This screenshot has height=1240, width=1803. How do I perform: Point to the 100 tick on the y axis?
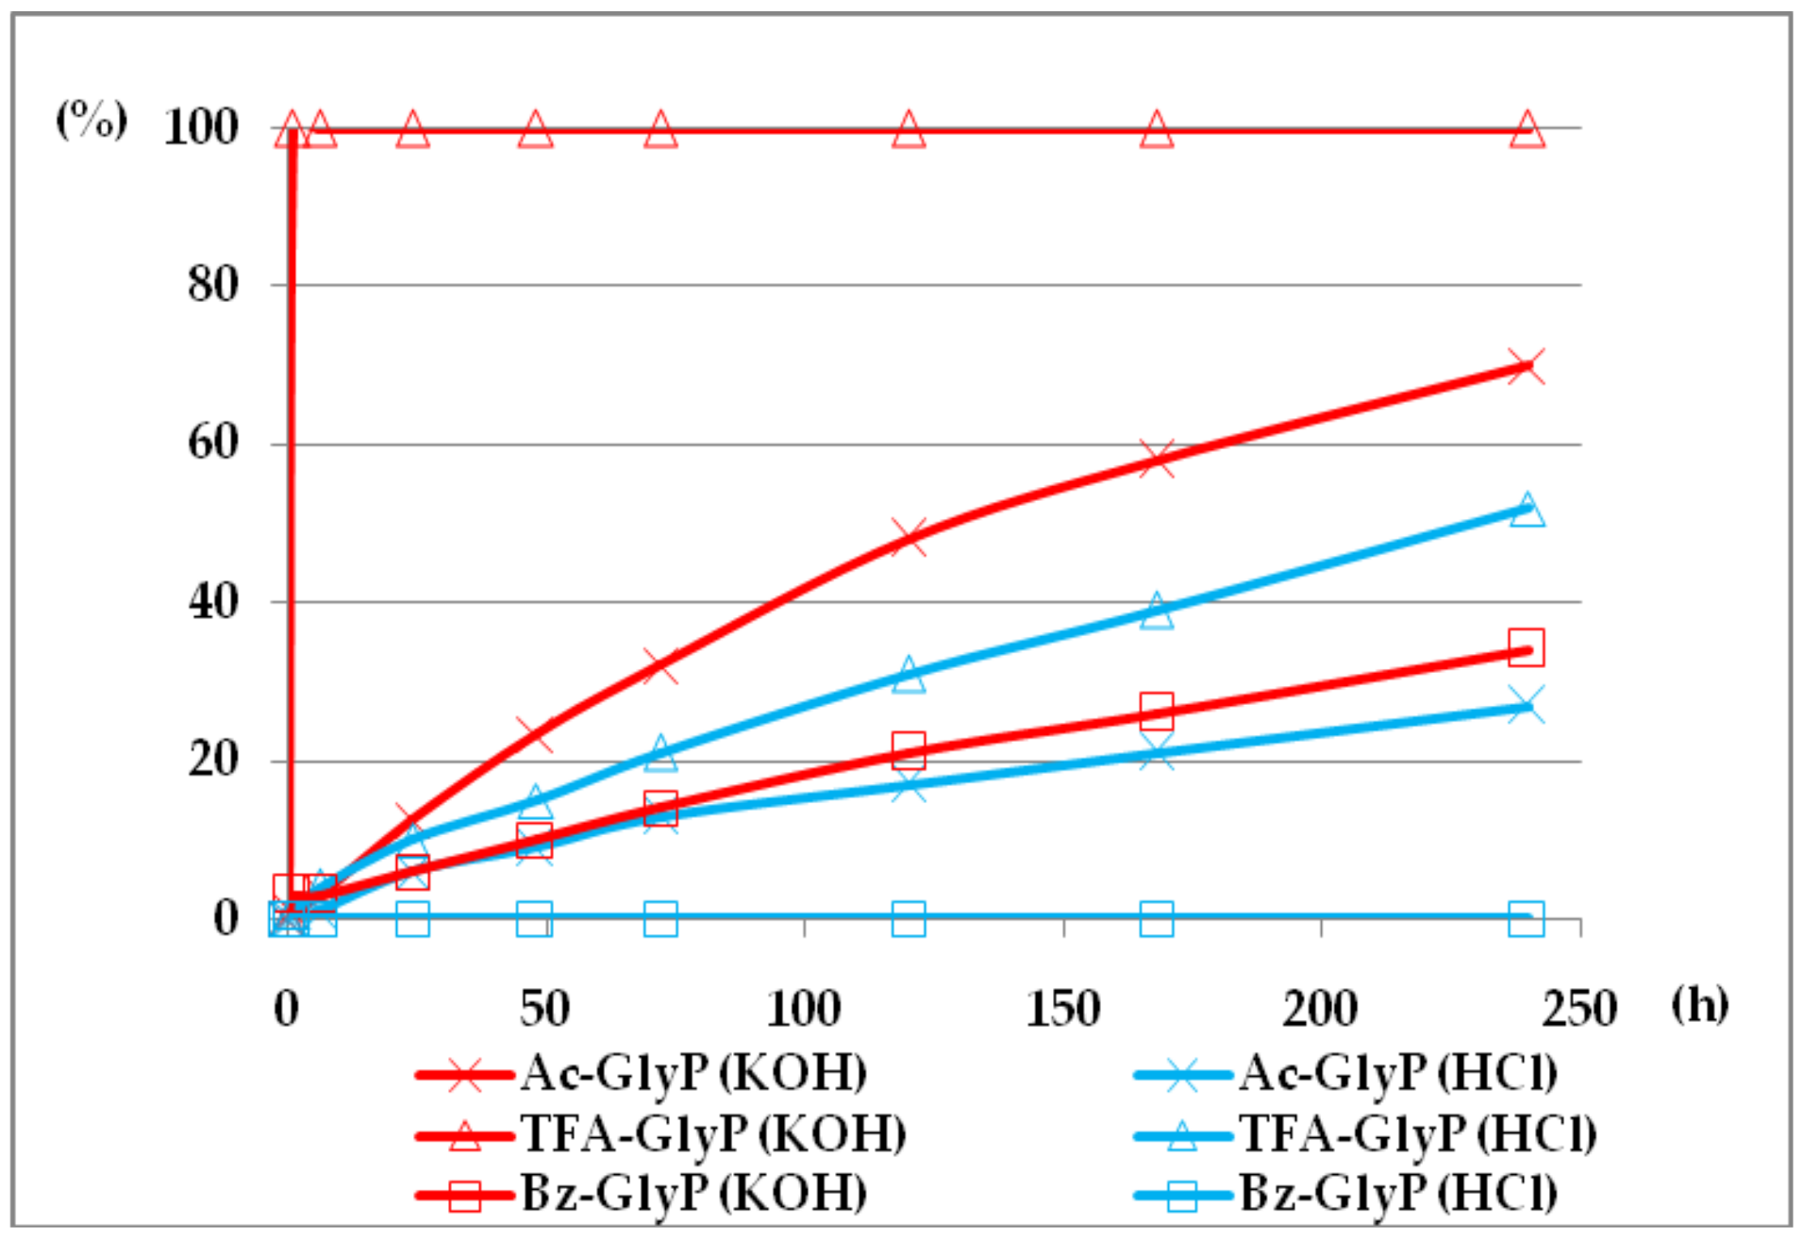201,127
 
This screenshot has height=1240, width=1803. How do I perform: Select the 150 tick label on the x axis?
1063,1008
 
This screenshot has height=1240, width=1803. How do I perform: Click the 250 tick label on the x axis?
1579,1008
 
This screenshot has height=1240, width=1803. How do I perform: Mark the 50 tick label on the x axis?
544,1008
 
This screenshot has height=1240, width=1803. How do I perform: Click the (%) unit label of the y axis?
92,120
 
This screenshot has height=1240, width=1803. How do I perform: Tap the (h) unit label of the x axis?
1699,1004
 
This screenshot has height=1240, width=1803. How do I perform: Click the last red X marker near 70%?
1526,366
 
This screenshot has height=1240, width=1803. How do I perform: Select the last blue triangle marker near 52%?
1527,511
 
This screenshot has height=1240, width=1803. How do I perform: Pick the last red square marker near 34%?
1526,647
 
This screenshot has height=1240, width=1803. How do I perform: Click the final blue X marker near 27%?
1526,705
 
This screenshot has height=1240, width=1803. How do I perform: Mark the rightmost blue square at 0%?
1526,918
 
